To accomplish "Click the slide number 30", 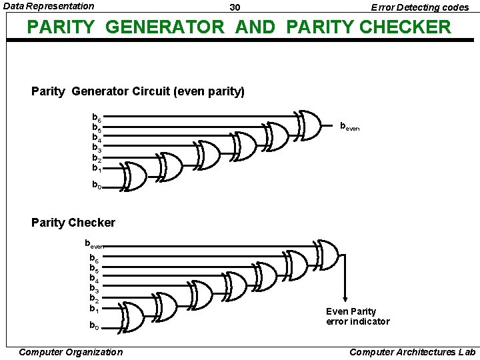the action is (x=235, y=7).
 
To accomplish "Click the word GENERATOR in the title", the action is (x=165, y=27).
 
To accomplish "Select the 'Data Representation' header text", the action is (x=49, y=6).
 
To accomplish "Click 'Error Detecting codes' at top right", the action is (x=420, y=7).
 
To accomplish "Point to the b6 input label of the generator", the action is (x=96, y=117).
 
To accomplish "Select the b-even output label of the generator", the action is (x=349, y=126).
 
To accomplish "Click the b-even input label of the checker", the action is (x=94, y=244).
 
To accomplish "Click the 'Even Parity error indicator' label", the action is (x=357, y=317).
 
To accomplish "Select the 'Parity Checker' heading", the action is (x=73, y=223).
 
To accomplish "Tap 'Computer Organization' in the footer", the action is (x=71, y=352).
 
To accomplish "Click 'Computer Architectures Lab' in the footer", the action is (x=412, y=352).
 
